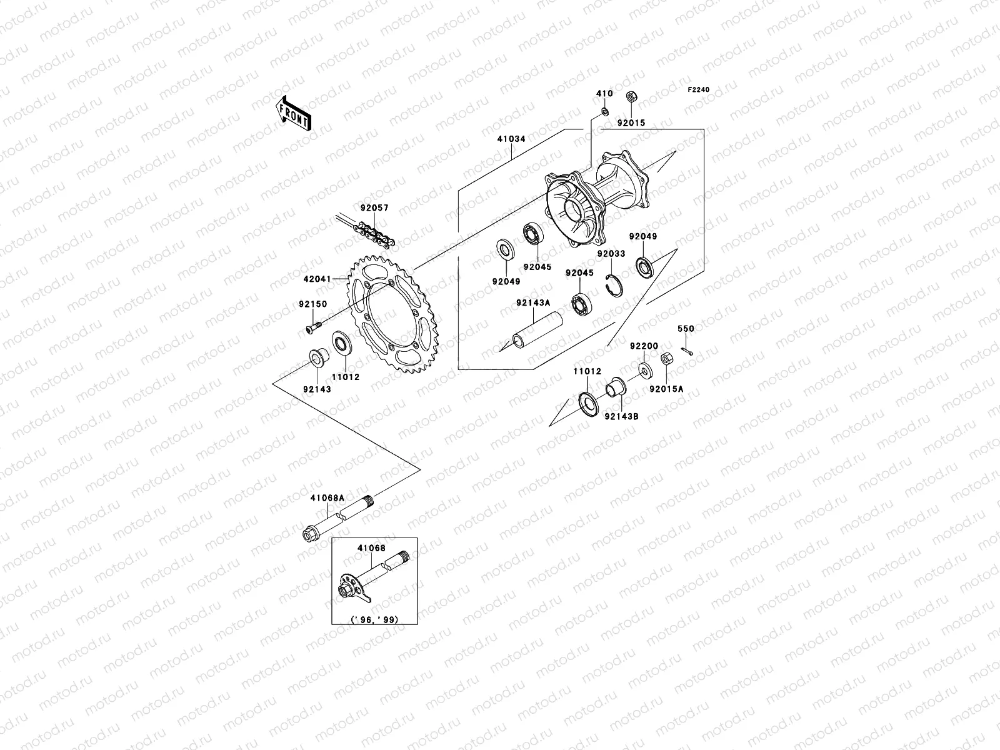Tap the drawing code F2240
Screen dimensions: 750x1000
click(x=699, y=90)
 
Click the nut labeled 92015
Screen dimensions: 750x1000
click(x=631, y=97)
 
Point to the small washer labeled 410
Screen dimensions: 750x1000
click(x=604, y=111)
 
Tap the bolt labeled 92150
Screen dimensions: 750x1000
click(x=312, y=326)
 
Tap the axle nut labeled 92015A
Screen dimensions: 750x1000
click(x=666, y=359)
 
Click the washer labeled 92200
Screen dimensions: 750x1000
click(x=644, y=370)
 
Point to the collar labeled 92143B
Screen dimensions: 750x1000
click(x=617, y=387)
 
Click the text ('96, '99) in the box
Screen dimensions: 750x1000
click(x=375, y=620)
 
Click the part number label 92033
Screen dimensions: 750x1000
click(x=611, y=254)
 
